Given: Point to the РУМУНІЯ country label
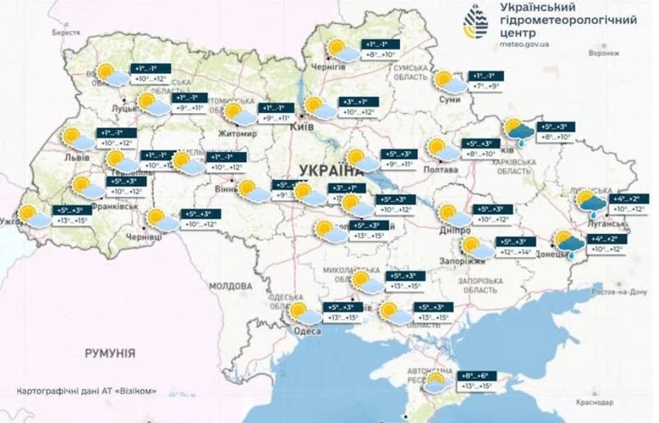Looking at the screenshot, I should tap(110, 354).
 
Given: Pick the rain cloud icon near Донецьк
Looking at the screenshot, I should tap(565, 243).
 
